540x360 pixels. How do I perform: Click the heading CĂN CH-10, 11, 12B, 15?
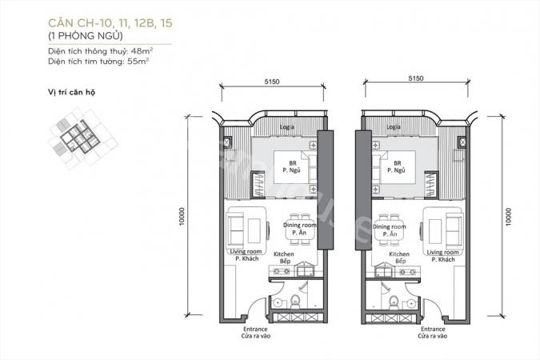pos(110,23)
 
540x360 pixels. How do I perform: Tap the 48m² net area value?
pos(144,51)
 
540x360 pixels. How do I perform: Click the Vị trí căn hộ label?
pos(72,92)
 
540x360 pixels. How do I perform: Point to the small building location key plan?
pos(82,138)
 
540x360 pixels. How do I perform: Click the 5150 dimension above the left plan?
pos(272,82)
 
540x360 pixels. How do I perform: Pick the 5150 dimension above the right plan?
pos(416,78)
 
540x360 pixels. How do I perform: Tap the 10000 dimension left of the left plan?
pos(182,216)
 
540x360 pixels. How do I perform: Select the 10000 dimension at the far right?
pos(508,216)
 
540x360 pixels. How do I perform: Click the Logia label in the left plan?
pos(287,127)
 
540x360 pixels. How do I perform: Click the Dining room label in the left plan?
pos(300,225)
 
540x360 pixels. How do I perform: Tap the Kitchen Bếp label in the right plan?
pos(399,258)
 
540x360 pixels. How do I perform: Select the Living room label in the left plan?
pos(246,251)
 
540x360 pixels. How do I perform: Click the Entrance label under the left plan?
pos(255,330)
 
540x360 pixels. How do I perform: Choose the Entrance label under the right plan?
pos(433,330)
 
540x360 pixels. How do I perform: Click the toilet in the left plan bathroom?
pos(295,302)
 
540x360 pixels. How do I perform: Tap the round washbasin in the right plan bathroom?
pos(411,303)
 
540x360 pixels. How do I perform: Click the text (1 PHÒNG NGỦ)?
pos(86,36)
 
